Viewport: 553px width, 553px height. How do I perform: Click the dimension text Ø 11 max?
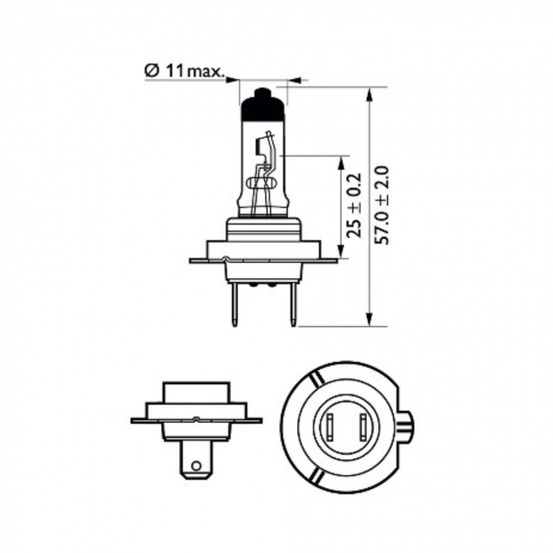pos(183,71)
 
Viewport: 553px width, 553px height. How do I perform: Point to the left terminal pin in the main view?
pos(234,305)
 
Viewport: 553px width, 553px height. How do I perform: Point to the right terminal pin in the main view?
pos(292,305)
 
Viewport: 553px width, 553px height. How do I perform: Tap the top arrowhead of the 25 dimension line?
pos(341,162)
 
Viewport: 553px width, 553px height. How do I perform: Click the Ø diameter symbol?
pos(151,71)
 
